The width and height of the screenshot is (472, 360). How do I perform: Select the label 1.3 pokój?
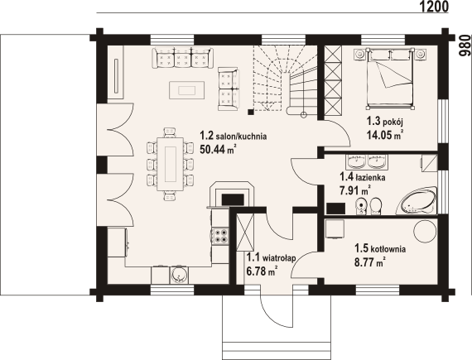384,122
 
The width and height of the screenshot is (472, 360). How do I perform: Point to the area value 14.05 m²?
385,136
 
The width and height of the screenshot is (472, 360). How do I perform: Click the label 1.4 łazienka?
362,176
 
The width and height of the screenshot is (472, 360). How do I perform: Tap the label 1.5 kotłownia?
381,247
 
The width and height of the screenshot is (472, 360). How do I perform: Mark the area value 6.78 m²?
261,270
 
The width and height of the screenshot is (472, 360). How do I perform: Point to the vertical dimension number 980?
465,48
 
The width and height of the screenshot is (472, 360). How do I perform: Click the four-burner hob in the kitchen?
221,237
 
